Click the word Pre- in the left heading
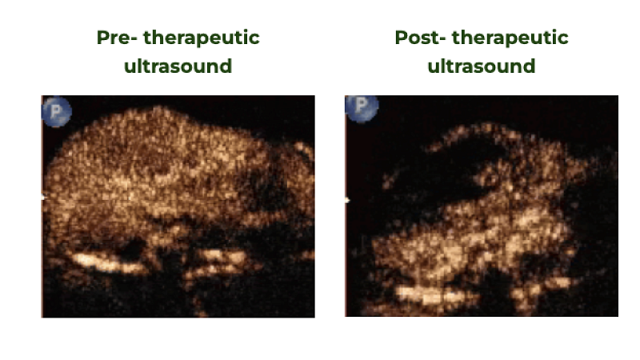115,38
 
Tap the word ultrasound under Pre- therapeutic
178,66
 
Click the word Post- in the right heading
415,38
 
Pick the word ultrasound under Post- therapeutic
481,66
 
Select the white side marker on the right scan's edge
347,200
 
